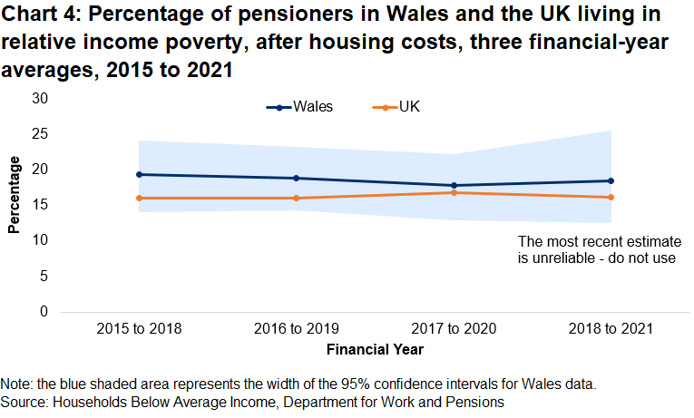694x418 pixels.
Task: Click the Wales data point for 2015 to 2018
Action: pyautogui.click(x=139, y=174)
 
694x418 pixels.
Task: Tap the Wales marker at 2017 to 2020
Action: pyautogui.click(x=453, y=186)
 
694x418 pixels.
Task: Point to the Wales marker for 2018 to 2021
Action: pyautogui.click(x=610, y=180)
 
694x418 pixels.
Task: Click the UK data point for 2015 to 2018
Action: pyautogui.click(x=139, y=198)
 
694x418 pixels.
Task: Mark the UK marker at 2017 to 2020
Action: pyautogui.click(x=453, y=192)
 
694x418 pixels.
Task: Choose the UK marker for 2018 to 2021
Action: pyautogui.click(x=610, y=197)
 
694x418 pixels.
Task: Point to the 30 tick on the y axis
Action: pyautogui.click(x=39, y=98)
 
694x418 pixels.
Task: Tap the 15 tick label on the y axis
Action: pyautogui.click(x=39, y=205)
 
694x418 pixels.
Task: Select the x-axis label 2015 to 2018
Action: pyautogui.click(x=139, y=328)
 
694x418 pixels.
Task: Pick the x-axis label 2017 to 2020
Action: pyautogui.click(x=453, y=328)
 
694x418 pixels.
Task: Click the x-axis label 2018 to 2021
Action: pyautogui.click(x=610, y=328)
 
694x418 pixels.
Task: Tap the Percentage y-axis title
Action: pyautogui.click(x=14, y=195)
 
